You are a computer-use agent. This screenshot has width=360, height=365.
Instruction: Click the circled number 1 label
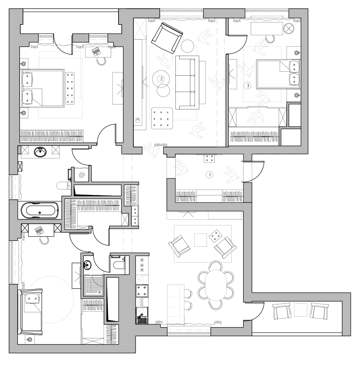click(x=210, y=174)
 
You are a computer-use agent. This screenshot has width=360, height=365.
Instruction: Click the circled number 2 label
click(x=161, y=79)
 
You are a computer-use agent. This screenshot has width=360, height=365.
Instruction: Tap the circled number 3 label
click(x=248, y=86)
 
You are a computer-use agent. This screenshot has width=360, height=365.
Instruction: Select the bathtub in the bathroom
click(x=40, y=210)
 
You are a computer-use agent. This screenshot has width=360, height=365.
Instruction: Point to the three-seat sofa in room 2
click(x=187, y=82)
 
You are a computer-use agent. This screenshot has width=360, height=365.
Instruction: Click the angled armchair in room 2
click(x=167, y=38)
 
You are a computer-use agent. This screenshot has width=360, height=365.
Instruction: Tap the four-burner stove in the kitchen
click(x=142, y=291)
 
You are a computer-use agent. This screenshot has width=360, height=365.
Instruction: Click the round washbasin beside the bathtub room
click(x=40, y=152)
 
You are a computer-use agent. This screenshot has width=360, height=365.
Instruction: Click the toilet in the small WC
click(x=119, y=265)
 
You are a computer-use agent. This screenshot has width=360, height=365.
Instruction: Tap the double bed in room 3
click(x=278, y=74)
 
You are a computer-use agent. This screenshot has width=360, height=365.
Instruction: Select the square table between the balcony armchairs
click(x=301, y=310)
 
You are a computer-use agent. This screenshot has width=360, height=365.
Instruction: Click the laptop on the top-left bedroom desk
click(x=96, y=51)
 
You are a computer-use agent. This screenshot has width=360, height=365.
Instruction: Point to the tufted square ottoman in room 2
click(x=162, y=118)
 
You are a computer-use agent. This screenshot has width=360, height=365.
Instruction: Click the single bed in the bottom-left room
click(x=30, y=312)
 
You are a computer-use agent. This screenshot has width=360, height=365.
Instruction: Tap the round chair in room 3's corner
click(x=289, y=29)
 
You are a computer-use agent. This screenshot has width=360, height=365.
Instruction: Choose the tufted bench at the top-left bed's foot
click(x=70, y=88)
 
